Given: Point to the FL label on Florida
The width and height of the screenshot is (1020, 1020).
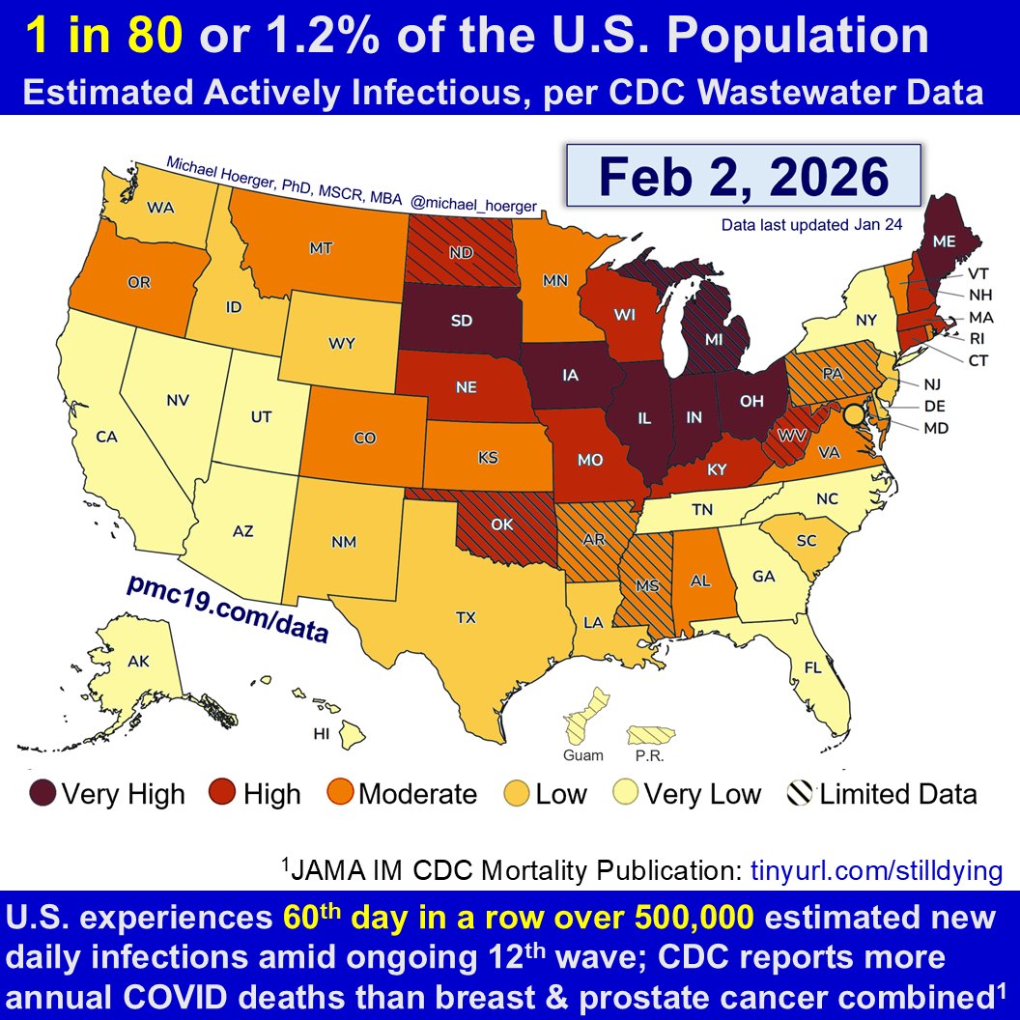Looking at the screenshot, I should pos(814,666).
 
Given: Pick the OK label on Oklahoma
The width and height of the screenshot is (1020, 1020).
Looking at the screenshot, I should pos(500,525).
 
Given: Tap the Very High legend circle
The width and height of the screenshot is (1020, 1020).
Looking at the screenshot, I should pos(44,794).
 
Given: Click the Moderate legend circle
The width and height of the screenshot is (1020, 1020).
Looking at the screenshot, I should pos(340,794).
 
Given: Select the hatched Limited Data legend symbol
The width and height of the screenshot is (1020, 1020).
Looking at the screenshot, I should pos(801,794).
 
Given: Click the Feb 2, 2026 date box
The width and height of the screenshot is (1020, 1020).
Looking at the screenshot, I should pos(742,178).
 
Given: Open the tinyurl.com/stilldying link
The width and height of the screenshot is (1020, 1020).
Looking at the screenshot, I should pos(876,870).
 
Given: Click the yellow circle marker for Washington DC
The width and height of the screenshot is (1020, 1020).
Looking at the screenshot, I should pos(852,415).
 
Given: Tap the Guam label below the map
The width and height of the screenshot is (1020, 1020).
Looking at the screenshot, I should pos(583,754).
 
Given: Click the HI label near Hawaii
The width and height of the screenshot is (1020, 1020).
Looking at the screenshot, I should pos(322,734).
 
